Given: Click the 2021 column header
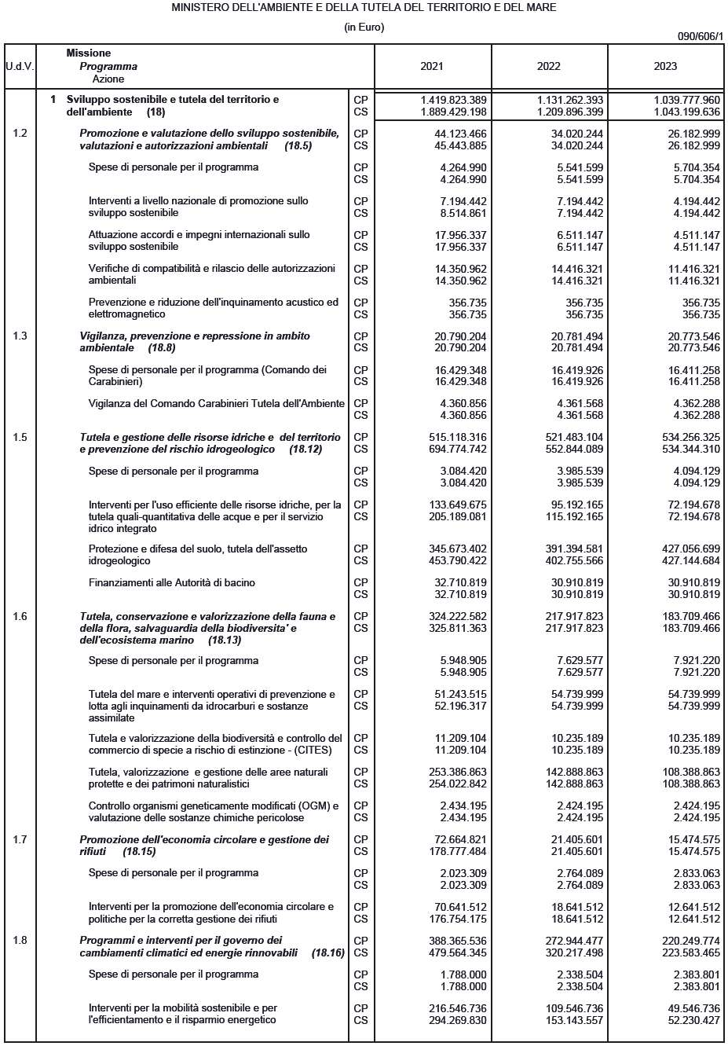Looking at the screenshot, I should (432, 67).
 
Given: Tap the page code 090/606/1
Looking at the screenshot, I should (700, 36).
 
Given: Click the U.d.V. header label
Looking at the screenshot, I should (20, 67).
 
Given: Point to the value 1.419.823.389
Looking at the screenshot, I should (453, 100).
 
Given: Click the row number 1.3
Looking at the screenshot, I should (20, 336).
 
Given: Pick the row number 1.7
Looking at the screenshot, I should (20, 840).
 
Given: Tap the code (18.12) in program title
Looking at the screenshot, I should (305, 450).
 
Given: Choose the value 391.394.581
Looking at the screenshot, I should (573, 549).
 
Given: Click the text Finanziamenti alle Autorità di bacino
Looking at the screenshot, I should (171, 583).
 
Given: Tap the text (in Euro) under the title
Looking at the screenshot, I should (364, 27).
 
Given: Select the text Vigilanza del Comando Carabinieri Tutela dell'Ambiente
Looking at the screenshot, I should (216, 404).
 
